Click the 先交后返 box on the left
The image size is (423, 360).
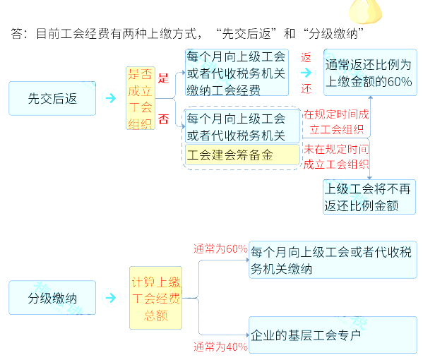[x=52, y=98]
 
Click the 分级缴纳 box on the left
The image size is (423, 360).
[x=52, y=298]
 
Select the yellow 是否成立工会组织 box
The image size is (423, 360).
[x=141, y=98]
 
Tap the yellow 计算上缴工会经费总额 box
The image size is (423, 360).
[x=155, y=298]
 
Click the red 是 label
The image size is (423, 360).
[x=163, y=78]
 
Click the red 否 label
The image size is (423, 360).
[x=163, y=119]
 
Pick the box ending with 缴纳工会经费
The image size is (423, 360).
[x=237, y=73]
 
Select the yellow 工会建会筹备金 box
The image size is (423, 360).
[x=242, y=155]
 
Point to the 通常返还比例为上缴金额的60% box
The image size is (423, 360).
[x=370, y=72]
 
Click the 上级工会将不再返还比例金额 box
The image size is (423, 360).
[x=369, y=197]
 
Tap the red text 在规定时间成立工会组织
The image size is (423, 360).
[x=336, y=122]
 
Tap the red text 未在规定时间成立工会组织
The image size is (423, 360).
[x=336, y=157]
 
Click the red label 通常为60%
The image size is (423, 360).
[x=220, y=248]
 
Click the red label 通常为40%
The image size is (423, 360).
[x=220, y=347]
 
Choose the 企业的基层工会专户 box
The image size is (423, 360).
[x=333, y=335]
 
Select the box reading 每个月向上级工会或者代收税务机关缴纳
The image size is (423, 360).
[x=333, y=260]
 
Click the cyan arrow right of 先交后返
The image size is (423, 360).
[x=111, y=98]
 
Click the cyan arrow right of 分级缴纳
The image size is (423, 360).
[x=111, y=298]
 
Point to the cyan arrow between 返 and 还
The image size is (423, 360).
[x=306, y=73]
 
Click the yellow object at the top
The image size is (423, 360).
[x=365, y=11]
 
